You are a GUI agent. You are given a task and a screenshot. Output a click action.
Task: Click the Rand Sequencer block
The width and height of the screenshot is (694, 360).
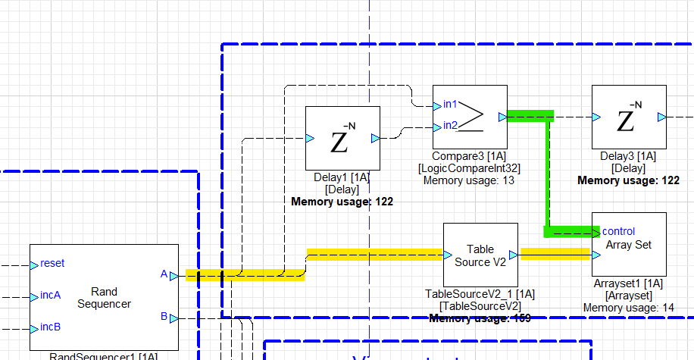point(104,298)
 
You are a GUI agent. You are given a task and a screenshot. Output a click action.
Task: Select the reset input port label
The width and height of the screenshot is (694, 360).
point(52,264)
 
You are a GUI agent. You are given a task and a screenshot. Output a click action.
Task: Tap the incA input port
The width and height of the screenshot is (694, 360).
point(34,296)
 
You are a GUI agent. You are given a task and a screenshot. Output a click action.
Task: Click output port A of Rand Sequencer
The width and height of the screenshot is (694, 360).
point(173,275)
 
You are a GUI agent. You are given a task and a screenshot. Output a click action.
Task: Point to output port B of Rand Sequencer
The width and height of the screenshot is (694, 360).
point(173,318)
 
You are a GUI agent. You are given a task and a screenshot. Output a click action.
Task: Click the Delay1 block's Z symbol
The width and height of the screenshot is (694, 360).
point(342,139)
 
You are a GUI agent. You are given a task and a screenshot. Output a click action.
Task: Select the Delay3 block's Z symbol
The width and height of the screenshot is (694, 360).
point(628,118)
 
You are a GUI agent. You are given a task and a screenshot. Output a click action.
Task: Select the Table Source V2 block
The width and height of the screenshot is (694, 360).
point(480,256)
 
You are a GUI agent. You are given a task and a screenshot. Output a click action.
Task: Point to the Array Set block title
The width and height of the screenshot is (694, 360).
point(629,245)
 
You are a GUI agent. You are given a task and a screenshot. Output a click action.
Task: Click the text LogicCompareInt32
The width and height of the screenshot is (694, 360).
point(469,168)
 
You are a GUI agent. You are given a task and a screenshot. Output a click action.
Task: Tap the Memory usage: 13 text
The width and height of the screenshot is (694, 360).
point(469,180)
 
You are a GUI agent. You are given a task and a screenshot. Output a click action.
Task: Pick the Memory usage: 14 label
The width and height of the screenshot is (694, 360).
point(629,307)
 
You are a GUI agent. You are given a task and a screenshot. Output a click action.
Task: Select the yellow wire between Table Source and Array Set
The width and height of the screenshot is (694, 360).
point(555,254)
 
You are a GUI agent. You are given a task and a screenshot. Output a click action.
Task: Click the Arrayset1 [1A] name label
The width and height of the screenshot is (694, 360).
point(629,283)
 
